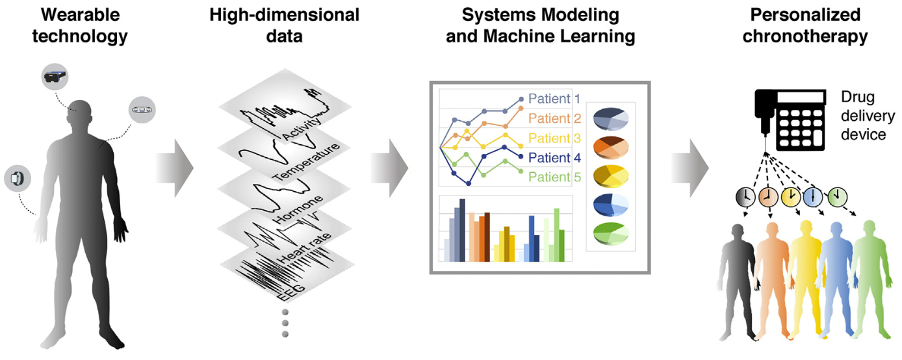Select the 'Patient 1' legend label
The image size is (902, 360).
[554, 99]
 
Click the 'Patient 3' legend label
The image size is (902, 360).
[554, 138]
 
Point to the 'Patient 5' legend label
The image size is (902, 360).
[554, 177]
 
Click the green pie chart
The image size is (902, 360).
[610, 233]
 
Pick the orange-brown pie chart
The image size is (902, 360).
[610, 146]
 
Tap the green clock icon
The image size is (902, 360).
[837, 196]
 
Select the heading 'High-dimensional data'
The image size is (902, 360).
[284, 25]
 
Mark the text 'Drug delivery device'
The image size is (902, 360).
[863, 116]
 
